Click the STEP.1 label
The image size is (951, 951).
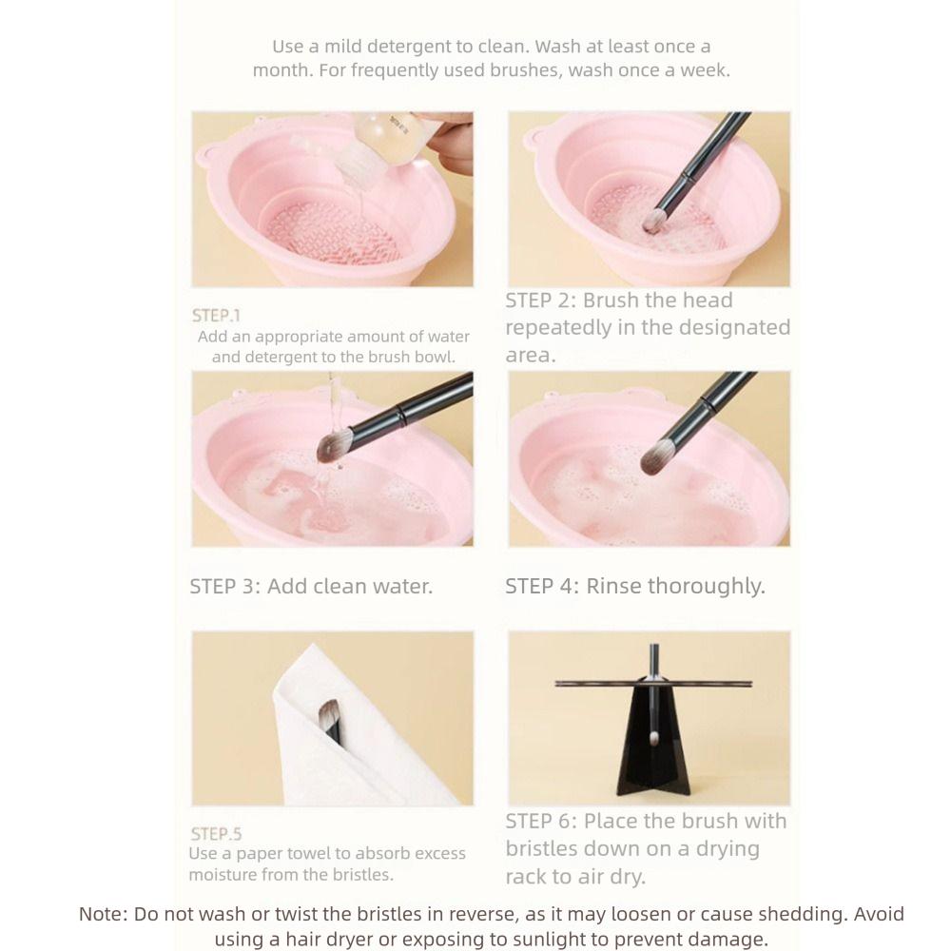[x=216, y=316]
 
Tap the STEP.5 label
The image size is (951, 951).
[x=216, y=834]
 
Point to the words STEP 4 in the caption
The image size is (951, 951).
[x=540, y=587]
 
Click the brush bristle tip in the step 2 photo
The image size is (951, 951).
[x=652, y=223]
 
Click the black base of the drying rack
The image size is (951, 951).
[x=652, y=761]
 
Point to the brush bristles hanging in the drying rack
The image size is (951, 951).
[x=653, y=738]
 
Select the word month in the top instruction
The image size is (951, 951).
[x=281, y=70]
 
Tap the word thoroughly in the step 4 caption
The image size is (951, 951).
[x=706, y=587]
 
